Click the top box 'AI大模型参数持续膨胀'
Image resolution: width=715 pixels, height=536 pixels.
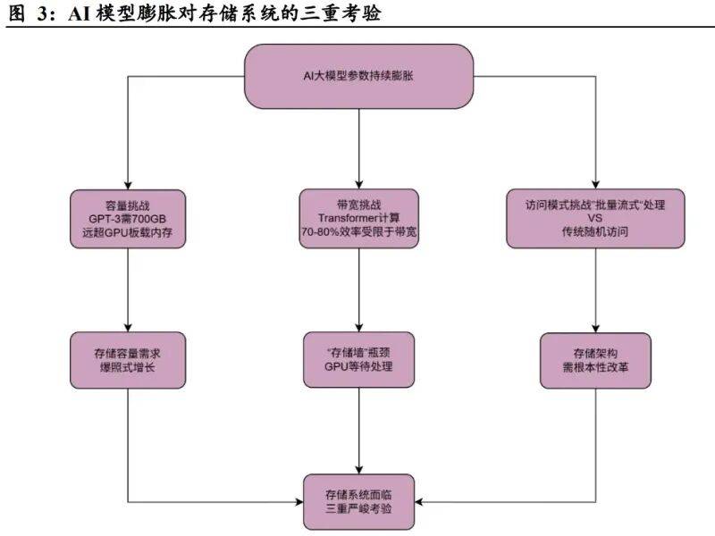pyautogui.click(x=358, y=76)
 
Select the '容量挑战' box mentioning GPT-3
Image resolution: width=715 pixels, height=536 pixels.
pyautogui.click(x=130, y=217)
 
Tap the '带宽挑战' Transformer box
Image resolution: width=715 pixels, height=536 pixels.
pyautogui.click(x=358, y=217)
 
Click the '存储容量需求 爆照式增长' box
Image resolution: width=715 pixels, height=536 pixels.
pyautogui.click(x=130, y=360)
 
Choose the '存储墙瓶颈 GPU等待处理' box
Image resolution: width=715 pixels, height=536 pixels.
pyautogui.click(x=358, y=360)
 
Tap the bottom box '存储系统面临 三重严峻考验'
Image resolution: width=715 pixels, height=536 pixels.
pyautogui.click(x=358, y=502)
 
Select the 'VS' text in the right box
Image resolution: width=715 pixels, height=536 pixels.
pyautogui.click(x=594, y=218)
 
